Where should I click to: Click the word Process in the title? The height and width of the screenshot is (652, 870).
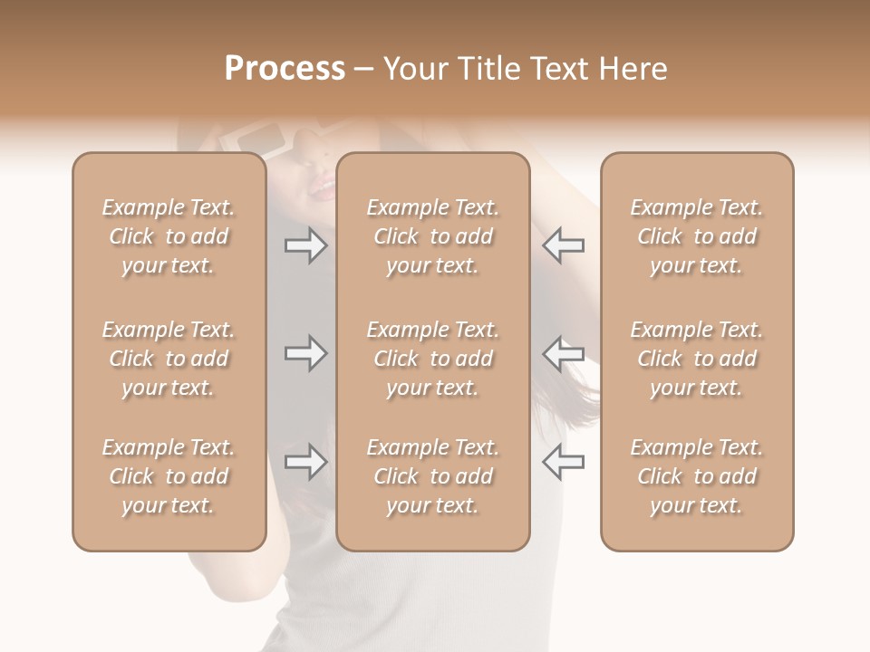click(x=285, y=69)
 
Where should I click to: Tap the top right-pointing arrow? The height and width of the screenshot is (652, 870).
click(x=306, y=245)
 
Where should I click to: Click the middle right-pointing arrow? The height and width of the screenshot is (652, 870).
click(x=306, y=353)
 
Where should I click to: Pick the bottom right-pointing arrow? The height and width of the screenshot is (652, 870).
click(x=306, y=462)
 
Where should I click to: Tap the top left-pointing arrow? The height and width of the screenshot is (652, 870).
click(x=563, y=245)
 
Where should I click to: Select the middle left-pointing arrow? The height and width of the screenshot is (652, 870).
click(x=563, y=353)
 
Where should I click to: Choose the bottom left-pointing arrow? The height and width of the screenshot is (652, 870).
click(x=563, y=462)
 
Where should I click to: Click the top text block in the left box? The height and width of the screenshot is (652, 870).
click(x=169, y=236)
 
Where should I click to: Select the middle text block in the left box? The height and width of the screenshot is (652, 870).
click(x=169, y=359)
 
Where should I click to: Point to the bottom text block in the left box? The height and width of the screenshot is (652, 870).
click(x=169, y=476)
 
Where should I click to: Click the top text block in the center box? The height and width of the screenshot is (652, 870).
click(x=432, y=236)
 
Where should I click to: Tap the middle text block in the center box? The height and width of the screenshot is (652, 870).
click(x=432, y=359)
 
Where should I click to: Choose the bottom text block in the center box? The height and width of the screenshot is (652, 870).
click(x=432, y=476)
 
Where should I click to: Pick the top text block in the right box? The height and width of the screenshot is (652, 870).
click(x=696, y=236)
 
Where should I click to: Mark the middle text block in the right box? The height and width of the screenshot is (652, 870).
click(x=696, y=359)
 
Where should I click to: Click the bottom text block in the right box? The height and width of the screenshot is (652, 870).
click(x=696, y=476)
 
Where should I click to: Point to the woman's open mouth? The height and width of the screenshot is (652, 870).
click(x=321, y=189)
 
